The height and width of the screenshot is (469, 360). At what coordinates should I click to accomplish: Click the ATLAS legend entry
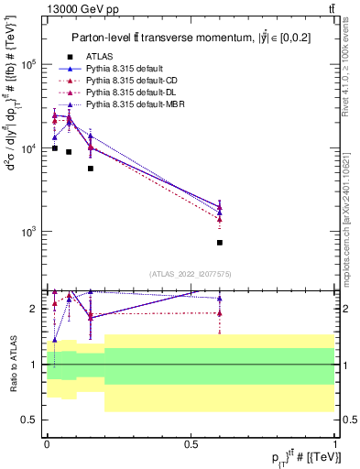95,58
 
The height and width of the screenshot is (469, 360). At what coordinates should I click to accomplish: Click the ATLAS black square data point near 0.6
220,243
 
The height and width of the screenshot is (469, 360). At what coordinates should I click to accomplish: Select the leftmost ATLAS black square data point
55,147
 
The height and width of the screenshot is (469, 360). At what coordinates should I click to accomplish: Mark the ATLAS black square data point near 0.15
90,169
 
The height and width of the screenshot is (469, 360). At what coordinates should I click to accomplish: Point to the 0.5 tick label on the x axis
191,444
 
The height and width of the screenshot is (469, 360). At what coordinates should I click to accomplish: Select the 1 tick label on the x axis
334,444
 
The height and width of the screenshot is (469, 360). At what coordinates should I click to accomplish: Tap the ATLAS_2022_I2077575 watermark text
191,274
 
